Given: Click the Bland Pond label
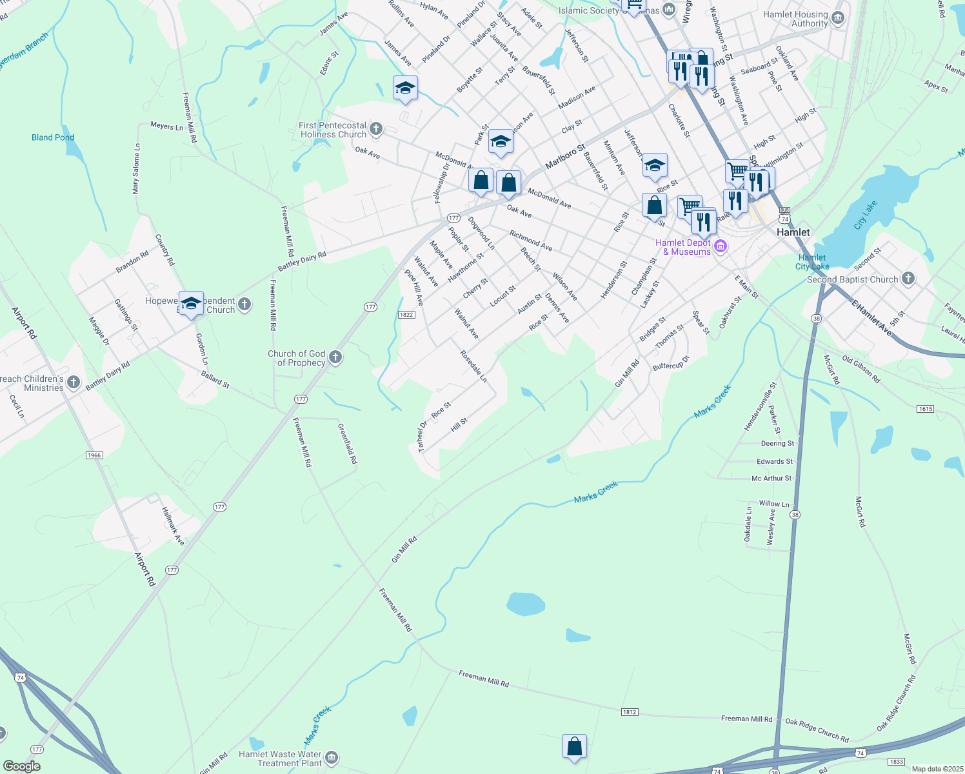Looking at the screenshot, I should point(53,137).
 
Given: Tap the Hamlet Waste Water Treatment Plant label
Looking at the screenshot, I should point(280,759).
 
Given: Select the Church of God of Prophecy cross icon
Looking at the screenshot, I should point(335,357).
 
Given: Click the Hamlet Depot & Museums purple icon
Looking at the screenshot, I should point(721,246).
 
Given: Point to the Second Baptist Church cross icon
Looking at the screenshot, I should point(908,279).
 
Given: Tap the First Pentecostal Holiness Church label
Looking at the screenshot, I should point(333,130).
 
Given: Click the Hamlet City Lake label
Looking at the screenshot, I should point(811,262).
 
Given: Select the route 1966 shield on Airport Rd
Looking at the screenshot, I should point(94,455).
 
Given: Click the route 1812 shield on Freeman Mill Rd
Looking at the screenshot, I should point(630,712).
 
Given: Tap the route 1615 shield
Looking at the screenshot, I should point(925,409).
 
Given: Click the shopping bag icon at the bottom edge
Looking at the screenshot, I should point(574,747).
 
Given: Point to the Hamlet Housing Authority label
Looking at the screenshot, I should point(795,19).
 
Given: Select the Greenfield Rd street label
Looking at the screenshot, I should point(348,443).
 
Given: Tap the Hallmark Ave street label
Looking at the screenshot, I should point(173,526).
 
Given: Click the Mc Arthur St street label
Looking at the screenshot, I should point(771,479).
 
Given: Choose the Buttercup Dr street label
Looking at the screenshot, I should point(671,362).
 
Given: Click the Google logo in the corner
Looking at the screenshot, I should point(21,766).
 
